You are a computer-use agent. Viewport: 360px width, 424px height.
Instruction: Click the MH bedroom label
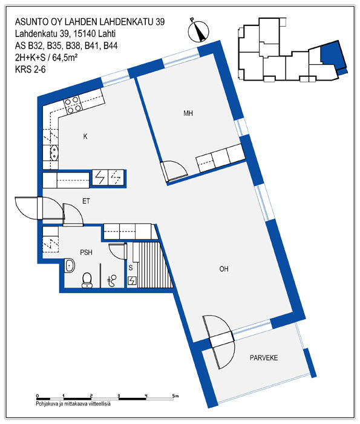pos(188,113)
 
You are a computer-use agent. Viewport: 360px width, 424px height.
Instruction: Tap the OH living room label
pos(224,269)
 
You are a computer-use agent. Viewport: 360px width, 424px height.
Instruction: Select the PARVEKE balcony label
pos(264,358)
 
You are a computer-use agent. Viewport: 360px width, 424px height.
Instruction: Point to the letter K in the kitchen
pos(85,136)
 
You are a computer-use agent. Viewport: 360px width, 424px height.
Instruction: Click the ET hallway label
pos(86,201)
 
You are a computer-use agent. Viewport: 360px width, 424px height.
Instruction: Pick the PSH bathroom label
pos(86,253)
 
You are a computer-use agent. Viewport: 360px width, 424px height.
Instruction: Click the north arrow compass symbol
pos(198,31)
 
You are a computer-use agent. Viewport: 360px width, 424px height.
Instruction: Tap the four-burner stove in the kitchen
pos(73,105)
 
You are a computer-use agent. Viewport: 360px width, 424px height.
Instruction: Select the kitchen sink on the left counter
pos(54,153)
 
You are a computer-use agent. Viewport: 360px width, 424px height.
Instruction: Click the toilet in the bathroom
pos(87,280)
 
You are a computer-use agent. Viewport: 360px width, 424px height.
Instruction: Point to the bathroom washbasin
pos(70,265)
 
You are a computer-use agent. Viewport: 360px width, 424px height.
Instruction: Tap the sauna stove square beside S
pos(132,280)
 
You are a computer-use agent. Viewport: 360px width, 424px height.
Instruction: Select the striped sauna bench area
pos(154,265)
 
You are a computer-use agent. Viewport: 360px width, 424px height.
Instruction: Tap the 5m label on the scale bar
pos(175,396)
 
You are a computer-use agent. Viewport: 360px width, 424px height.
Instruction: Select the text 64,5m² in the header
pos(65,58)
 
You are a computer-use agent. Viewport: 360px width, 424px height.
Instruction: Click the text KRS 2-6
pos(30,70)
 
